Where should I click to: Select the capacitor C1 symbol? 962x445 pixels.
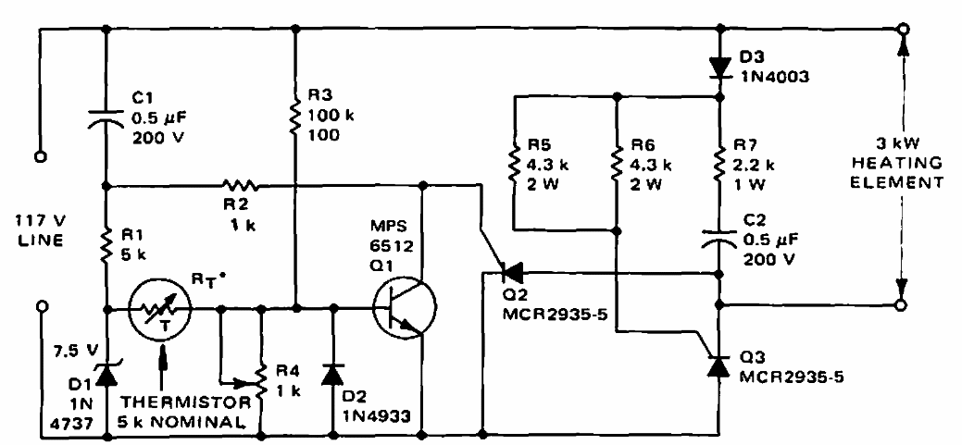[x=106, y=117]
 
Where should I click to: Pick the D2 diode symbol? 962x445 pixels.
[x=331, y=375]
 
